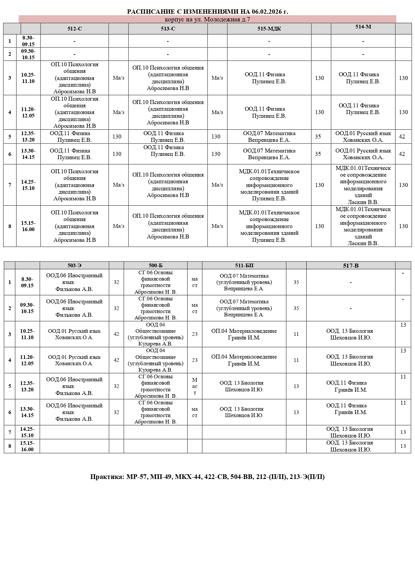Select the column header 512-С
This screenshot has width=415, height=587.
(x=75, y=29)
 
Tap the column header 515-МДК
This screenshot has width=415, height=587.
(x=269, y=29)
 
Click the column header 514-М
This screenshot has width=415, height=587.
(x=363, y=27)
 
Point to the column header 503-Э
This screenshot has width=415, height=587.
(x=74, y=266)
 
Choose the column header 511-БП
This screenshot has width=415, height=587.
(x=244, y=266)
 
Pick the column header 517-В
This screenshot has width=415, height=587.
(x=351, y=266)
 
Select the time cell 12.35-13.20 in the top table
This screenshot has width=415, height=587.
(x=28, y=136)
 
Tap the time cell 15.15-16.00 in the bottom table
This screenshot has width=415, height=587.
(x=27, y=446)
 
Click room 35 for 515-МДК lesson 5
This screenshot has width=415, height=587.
(x=318, y=136)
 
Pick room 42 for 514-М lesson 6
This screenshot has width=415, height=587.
(x=402, y=154)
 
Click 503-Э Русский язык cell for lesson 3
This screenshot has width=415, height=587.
(x=74, y=334)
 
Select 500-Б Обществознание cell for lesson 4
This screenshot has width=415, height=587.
(x=155, y=360)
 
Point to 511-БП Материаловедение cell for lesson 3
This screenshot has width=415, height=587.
(x=244, y=334)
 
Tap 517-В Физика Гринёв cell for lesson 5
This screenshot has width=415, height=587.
(x=351, y=386)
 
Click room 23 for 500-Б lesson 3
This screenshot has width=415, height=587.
(x=195, y=334)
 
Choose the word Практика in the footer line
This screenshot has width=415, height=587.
(x=107, y=477)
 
